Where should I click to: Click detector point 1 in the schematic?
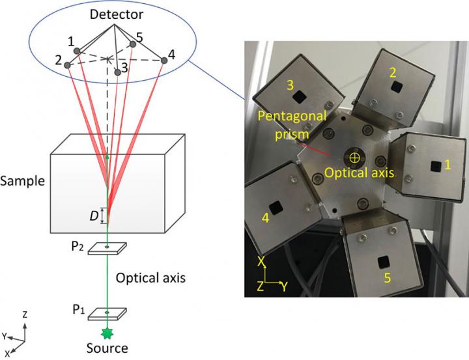point(78,51)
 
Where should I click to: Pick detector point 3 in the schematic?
point(118,71)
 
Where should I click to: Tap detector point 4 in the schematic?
point(164,61)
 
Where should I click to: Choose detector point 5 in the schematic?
point(133,44)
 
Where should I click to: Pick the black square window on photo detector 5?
point(382,262)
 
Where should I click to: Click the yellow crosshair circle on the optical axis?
point(355,157)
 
